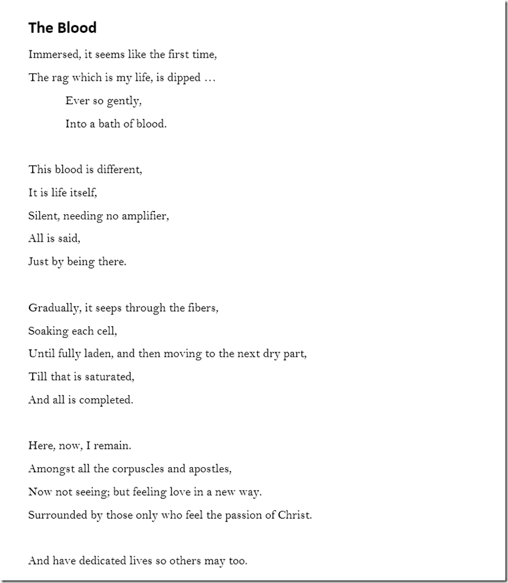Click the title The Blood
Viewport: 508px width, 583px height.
(62, 28)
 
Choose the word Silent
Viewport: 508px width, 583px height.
(43, 216)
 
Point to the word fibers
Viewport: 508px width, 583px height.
(202, 308)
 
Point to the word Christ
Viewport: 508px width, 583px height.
(295, 515)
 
